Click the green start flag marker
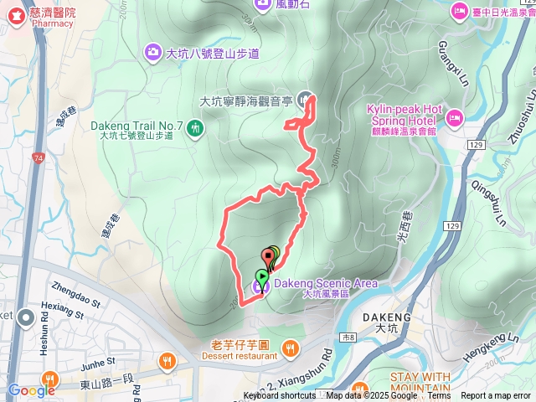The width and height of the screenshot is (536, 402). pos(262,276)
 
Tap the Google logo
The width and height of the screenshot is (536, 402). pos(31,390)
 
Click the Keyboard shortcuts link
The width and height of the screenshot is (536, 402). pos(281,396)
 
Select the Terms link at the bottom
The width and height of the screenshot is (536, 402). pos(439,396)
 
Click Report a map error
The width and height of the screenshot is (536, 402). pos(497,396)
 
